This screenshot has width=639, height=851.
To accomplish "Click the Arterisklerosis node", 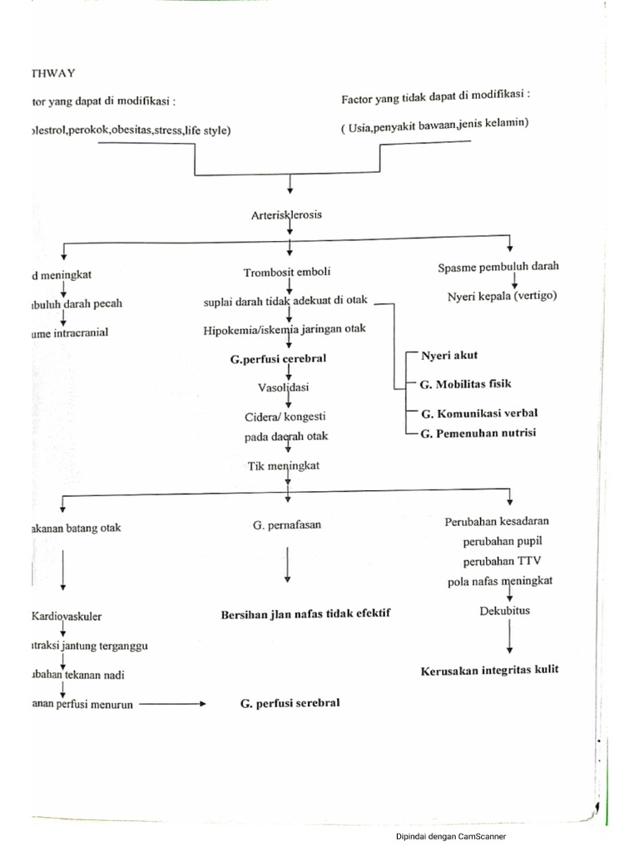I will click(x=286, y=214).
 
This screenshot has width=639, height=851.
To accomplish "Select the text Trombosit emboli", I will click(x=287, y=272).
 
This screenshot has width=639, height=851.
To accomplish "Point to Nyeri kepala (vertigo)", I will click(x=502, y=297).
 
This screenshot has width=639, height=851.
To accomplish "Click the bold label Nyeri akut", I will click(x=449, y=355).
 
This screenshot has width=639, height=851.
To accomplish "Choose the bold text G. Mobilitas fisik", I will click(x=466, y=384).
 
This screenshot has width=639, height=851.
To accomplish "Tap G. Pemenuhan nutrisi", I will click(x=478, y=432).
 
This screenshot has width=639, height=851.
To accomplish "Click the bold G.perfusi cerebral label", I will click(x=278, y=358).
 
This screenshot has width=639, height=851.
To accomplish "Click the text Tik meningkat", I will click(x=284, y=466).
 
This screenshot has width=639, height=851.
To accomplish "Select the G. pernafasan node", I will click(x=286, y=525).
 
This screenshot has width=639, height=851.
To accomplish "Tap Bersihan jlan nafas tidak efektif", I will click(x=305, y=613).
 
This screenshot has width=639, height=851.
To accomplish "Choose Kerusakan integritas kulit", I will click(x=501, y=671).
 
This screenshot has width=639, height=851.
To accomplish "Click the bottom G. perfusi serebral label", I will click(x=289, y=703).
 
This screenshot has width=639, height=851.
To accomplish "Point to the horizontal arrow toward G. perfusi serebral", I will click(x=171, y=704).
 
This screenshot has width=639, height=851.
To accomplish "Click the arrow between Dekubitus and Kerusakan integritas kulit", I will click(x=510, y=638).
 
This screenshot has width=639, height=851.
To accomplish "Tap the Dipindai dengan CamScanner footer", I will click(x=450, y=836).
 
